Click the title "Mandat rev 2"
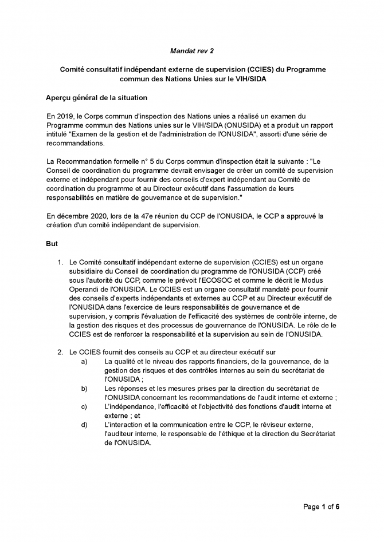coord(192,51)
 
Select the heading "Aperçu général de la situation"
coord(96,97)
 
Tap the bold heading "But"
coord(52,243)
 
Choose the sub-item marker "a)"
coord(84,362)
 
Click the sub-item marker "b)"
coord(84,389)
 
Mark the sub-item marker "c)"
coord(84,406)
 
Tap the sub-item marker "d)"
coord(84,425)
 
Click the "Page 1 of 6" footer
coord(322,507)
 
